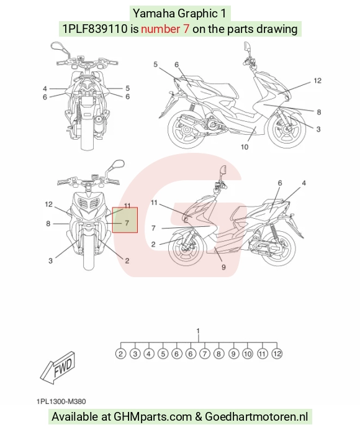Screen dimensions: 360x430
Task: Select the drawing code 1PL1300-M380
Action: tap(61, 401)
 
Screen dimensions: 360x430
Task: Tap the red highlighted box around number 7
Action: tap(125, 220)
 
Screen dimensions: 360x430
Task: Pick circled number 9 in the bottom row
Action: tap(233, 354)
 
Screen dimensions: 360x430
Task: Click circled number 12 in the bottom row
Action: tap(277, 354)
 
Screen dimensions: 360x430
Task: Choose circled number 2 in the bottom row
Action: tap(120, 354)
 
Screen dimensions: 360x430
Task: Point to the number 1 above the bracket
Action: tap(199, 331)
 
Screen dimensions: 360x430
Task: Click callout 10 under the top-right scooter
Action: tap(245, 147)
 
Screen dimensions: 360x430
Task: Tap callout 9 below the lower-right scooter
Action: tap(223, 267)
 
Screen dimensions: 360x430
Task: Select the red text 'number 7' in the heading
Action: tap(165, 29)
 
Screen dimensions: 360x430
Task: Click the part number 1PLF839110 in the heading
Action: tap(95, 29)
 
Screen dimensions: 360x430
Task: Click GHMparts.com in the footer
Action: tap(153, 416)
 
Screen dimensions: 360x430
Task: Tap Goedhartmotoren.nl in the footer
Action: tap(256, 416)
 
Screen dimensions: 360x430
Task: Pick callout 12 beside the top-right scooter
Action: tap(317, 81)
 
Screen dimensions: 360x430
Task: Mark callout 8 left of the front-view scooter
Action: tap(48, 224)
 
